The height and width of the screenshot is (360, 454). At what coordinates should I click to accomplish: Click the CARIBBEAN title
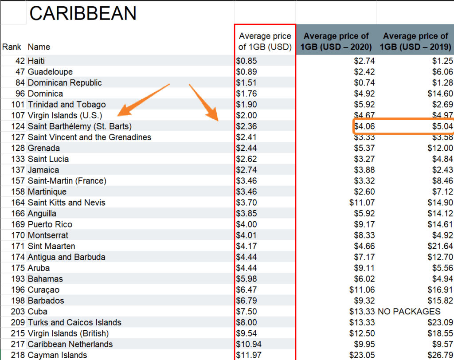(x=82, y=14)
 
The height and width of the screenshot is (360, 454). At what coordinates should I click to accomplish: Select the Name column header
(x=39, y=47)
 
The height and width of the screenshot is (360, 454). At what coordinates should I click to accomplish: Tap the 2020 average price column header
(x=336, y=41)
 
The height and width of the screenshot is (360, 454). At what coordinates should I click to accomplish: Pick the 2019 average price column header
(x=415, y=41)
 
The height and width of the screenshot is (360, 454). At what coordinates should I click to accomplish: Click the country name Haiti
(x=36, y=61)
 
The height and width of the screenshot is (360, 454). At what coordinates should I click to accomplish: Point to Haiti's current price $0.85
(x=247, y=61)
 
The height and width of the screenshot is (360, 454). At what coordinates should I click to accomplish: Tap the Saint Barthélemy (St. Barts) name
(x=79, y=126)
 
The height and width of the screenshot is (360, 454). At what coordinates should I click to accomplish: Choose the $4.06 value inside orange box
(x=364, y=126)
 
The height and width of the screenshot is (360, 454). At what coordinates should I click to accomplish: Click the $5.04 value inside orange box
(x=442, y=126)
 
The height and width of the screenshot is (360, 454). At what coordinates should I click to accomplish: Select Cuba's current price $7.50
(x=247, y=312)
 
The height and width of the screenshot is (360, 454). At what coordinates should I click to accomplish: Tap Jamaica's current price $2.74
(x=247, y=170)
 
